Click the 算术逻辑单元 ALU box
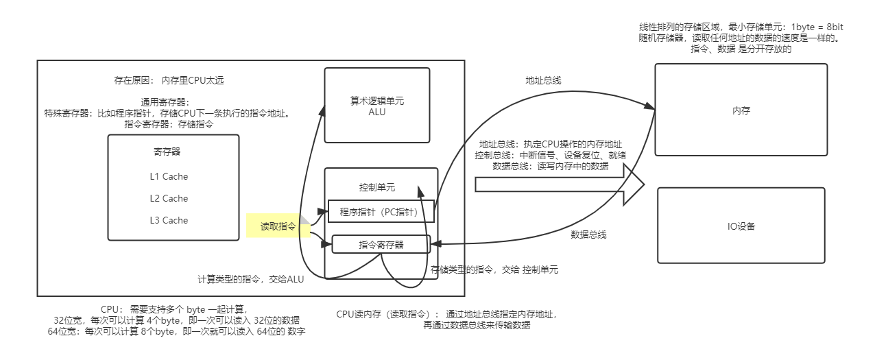tap(376, 105)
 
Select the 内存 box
tap(741, 110)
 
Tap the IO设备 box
tap(741, 226)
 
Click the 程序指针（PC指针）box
tap(379, 212)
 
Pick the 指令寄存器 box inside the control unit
tap(381, 244)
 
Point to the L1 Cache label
tap(169, 176)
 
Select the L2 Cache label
tap(169, 198)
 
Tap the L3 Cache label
tap(169, 220)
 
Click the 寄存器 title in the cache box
tap(167, 152)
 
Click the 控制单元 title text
tap(376, 187)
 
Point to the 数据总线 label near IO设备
tap(588, 235)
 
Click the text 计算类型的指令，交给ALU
tap(250, 279)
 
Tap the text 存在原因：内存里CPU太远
tap(169, 80)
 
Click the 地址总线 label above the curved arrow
tap(543, 80)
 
